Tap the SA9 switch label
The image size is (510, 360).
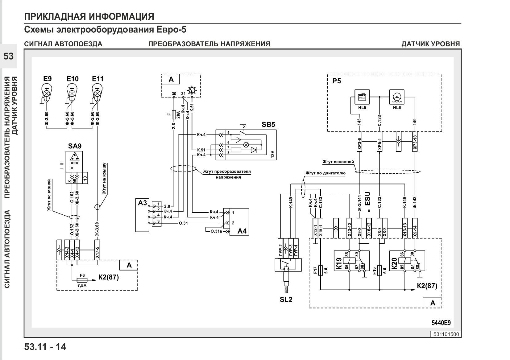pos(75,146)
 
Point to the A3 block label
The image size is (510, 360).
pos(142,202)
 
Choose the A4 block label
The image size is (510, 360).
pos(242,231)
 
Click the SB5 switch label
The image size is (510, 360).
pos(268,125)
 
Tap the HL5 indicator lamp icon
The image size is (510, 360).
pos(362,97)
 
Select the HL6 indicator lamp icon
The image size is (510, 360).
pos(397,97)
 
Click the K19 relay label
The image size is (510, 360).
pos(339,263)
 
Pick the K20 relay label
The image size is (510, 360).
pos(394,263)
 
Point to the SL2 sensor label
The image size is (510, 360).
pos(286,300)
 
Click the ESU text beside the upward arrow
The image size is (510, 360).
pos(367,199)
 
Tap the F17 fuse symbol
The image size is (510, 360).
pos(320,271)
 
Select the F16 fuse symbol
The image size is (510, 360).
pos(379,271)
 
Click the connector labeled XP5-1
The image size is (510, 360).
pos(379,142)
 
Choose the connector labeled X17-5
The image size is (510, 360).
pos(97,250)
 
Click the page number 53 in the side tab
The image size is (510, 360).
pos(8,56)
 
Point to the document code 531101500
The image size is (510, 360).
pos(446,334)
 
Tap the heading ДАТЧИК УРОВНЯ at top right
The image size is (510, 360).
pos(431,44)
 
